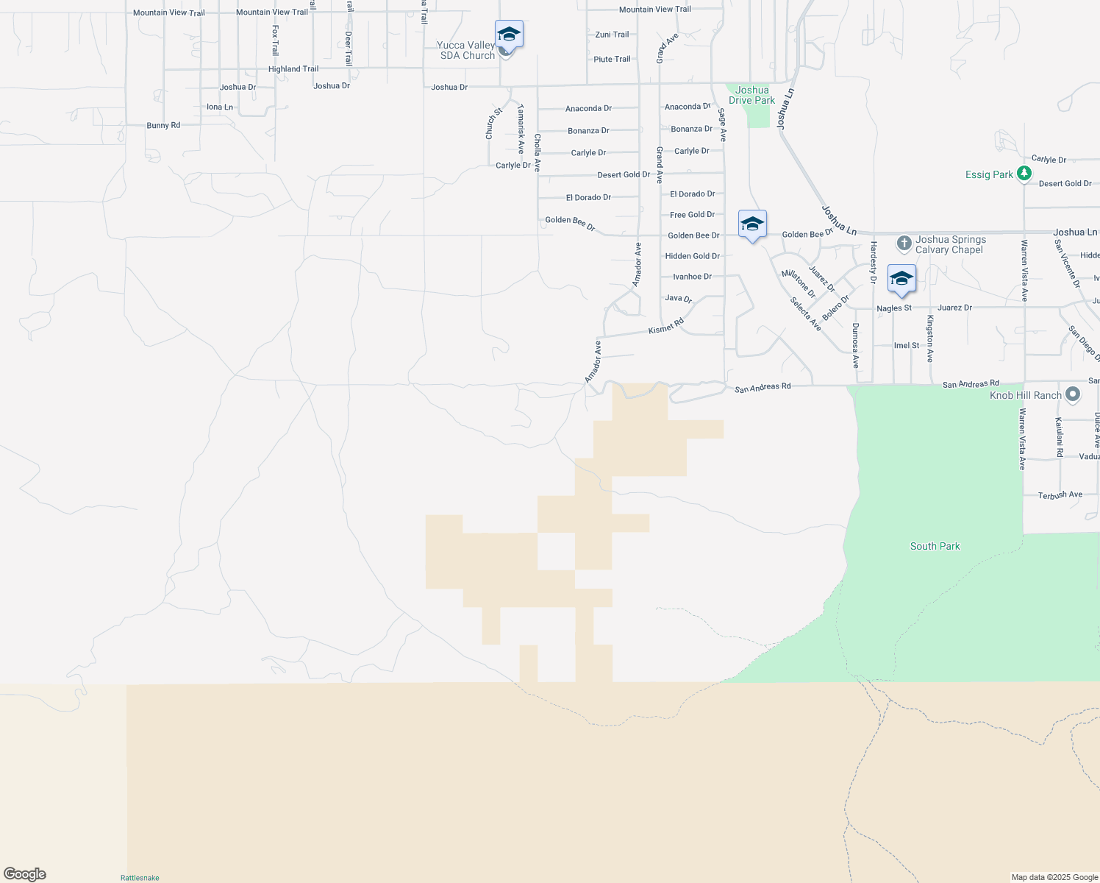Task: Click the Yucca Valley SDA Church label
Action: tap(467, 50)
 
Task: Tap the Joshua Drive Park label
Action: tap(751, 95)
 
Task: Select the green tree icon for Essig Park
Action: tap(1024, 174)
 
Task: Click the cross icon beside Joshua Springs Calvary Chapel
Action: tap(904, 244)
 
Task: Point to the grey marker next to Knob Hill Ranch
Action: tap(1073, 395)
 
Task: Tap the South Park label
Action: tap(935, 546)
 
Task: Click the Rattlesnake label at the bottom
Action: tap(140, 878)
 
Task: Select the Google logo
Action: tap(25, 874)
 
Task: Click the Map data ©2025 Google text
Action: tap(1054, 877)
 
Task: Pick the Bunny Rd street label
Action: tap(163, 126)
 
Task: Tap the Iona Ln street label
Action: tap(219, 107)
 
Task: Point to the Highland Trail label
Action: tap(293, 69)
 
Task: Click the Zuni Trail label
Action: tap(612, 35)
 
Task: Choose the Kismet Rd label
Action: tap(666, 326)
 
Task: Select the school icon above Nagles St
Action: tap(901, 279)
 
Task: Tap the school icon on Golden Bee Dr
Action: tap(752, 224)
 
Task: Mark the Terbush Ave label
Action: tap(1060, 495)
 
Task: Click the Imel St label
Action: tap(906, 345)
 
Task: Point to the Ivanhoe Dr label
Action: tap(692, 277)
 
